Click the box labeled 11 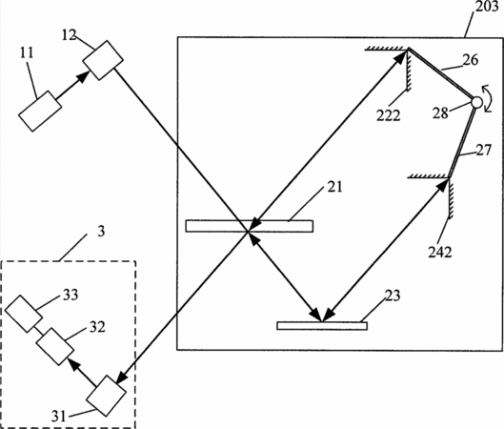40,111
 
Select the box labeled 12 103,60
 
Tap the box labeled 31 106,396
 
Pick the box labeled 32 54,346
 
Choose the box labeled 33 24,314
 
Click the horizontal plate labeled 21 249,226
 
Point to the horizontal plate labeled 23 322,325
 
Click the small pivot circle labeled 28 476,103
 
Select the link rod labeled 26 441,73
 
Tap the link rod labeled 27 461,142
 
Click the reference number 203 487,7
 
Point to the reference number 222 389,115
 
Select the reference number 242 440,252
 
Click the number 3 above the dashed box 101,232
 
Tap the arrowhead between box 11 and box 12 84,77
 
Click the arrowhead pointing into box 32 73,365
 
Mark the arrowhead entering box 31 121,378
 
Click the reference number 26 471,60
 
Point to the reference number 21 335,187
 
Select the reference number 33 71,295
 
